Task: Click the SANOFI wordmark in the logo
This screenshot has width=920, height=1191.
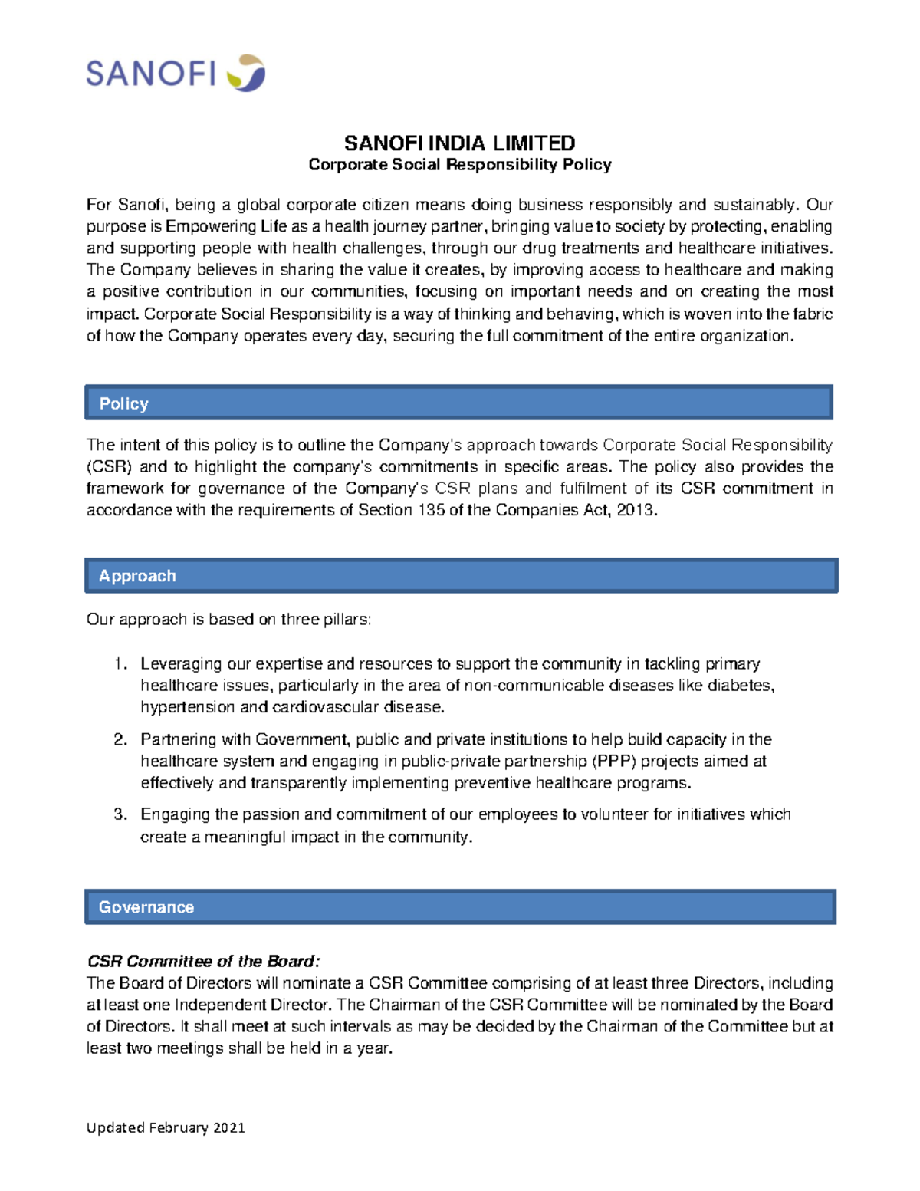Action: click(x=151, y=74)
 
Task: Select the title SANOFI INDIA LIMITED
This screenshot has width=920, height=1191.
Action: click(x=459, y=143)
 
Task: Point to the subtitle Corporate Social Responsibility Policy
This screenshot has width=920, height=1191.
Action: click(x=459, y=165)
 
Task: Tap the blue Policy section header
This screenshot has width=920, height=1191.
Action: click(x=458, y=403)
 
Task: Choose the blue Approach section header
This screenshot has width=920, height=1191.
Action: click(x=461, y=576)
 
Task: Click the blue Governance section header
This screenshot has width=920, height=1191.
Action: click(x=460, y=907)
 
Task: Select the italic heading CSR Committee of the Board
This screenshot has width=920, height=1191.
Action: click(x=203, y=962)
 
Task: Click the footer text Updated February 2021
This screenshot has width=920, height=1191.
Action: click(x=166, y=1127)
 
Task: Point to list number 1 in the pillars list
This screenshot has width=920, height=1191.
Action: click(x=120, y=664)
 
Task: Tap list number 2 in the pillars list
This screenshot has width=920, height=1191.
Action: click(x=120, y=740)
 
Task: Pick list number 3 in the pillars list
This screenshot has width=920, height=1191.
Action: click(x=120, y=814)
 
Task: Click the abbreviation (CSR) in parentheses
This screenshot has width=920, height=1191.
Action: click(x=109, y=467)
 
